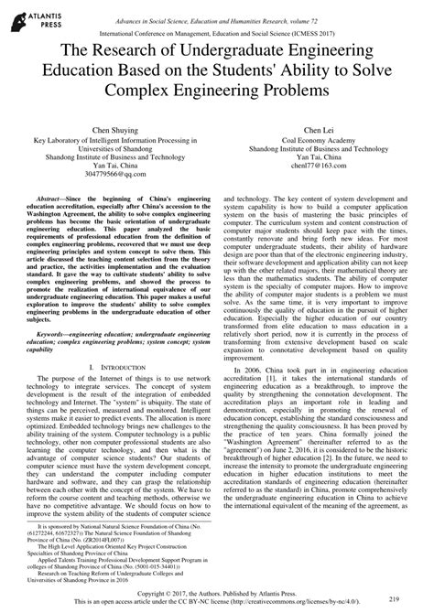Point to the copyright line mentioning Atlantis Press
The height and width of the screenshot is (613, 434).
click(216, 592)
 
